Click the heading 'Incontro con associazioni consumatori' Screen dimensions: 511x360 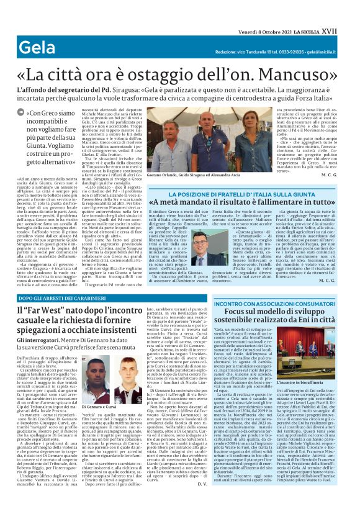coord(276,304)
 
